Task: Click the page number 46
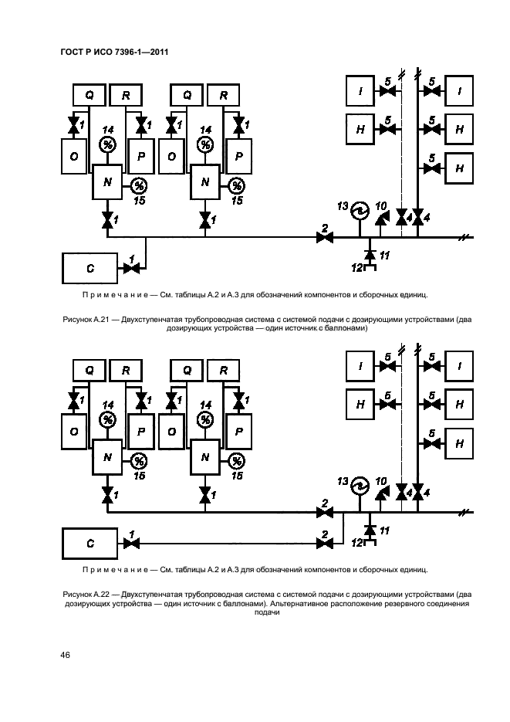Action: pos(66,655)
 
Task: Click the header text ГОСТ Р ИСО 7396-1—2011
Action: pos(114,52)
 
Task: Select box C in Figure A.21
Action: pos(90,268)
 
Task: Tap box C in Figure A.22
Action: pos(90,544)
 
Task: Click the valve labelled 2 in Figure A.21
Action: pos(325,238)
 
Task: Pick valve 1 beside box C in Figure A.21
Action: pos(132,268)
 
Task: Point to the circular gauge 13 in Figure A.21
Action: pos(360,212)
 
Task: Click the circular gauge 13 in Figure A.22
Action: pos(360,486)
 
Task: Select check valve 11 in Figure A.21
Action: pos(369,254)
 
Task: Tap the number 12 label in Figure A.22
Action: pos(357,543)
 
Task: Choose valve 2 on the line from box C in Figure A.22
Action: pos(325,544)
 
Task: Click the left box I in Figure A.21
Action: pos(360,91)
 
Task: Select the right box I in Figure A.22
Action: pos(459,366)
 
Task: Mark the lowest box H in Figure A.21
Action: pos(459,168)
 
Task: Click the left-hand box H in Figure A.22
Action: pos(360,405)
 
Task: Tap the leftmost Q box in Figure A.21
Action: pos(90,95)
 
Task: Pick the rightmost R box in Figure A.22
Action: pos(223,370)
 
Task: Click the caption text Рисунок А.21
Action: pos(86,319)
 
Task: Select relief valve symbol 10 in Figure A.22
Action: pos(381,494)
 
